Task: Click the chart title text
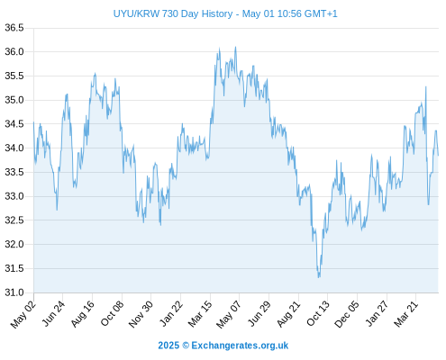click(x=225, y=13)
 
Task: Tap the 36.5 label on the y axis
click(x=14, y=28)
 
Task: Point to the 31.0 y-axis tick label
click(x=14, y=292)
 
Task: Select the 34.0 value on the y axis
click(x=14, y=148)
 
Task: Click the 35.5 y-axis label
click(x=14, y=76)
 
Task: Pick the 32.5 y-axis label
click(x=14, y=220)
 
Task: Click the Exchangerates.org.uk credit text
click(x=240, y=346)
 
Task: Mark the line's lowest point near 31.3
click(x=319, y=277)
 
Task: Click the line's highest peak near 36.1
click(x=235, y=47)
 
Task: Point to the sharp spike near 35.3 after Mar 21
click(x=426, y=86)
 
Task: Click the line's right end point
click(x=438, y=156)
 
